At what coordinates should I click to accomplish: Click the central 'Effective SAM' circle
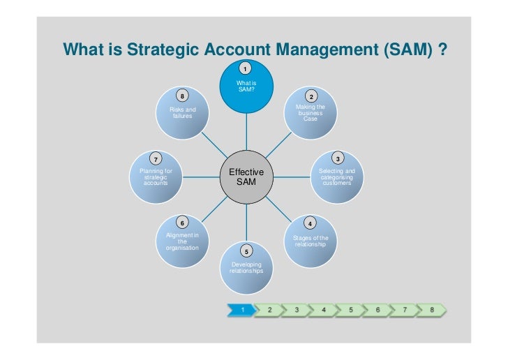(x=246, y=177)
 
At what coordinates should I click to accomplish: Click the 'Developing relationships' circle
(x=246, y=267)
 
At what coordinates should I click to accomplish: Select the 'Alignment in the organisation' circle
(x=182, y=241)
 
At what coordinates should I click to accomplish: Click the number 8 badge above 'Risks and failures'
(x=182, y=96)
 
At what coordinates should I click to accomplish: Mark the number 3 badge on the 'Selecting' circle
(x=337, y=158)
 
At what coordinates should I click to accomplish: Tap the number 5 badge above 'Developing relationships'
(x=246, y=251)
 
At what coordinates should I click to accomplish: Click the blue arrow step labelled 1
(x=241, y=308)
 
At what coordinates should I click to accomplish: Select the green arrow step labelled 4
(x=323, y=308)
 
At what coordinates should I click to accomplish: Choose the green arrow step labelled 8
(x=432, y=308)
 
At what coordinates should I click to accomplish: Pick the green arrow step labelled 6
(x=378, y=308)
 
